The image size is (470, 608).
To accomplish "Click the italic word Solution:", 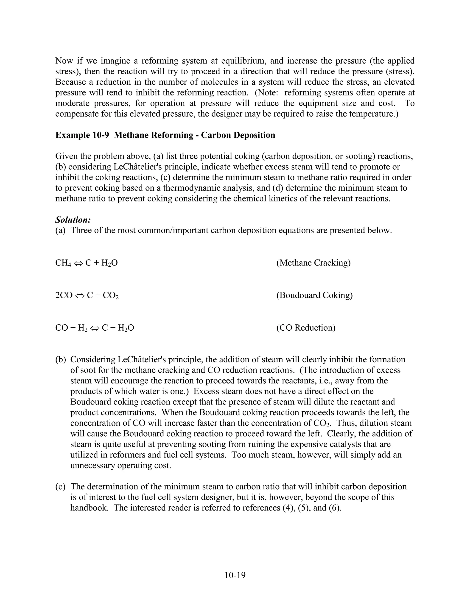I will click(73, 220).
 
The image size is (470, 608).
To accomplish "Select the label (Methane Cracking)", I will click(313, 262).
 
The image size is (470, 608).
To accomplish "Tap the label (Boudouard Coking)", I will click(314, 295).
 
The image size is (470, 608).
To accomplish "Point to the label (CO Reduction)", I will click(306, 327).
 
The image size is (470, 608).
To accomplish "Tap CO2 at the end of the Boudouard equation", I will click(111, 295).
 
